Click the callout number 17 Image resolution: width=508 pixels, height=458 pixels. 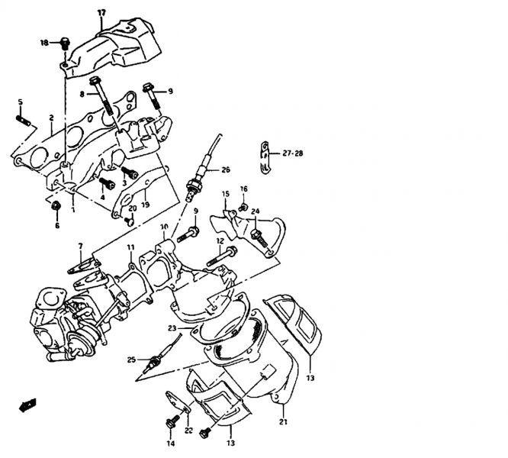pos(101,13)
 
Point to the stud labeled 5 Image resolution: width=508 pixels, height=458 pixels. pos(23,119)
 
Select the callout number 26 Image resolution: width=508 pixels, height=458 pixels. pos(226,169)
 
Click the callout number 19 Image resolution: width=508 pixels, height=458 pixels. pos(145,204)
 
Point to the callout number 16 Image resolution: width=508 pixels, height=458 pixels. pos(243,188)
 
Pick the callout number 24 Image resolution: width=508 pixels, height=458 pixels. pos(255,211)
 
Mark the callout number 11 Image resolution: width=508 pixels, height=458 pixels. pos(131,247)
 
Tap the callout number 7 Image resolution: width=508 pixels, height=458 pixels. pos(79,246)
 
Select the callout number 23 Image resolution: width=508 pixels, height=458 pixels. pos(173,329)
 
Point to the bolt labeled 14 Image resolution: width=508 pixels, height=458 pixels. pos(167,421)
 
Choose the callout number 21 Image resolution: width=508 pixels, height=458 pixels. pos(284,422)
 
